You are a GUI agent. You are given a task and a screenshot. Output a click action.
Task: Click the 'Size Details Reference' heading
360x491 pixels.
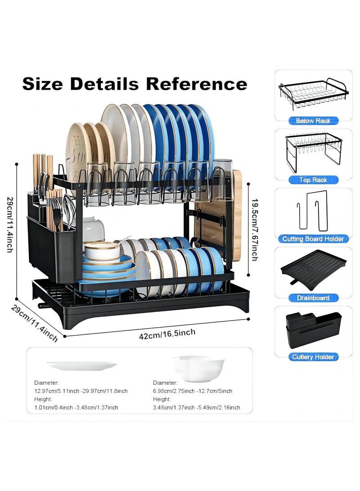135,84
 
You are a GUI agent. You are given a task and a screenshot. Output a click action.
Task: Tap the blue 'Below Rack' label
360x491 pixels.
313,121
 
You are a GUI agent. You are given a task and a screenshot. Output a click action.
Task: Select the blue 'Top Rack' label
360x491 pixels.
313,180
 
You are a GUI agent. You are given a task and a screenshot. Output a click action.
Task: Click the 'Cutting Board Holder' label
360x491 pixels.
313,239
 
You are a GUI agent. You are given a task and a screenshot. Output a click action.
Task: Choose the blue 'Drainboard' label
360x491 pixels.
313,298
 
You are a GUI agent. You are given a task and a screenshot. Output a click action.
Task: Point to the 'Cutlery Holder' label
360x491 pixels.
313,357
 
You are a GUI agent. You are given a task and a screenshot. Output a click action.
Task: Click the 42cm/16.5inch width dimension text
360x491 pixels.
167,334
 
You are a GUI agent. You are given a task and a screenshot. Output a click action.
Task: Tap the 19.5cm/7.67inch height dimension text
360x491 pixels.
255,230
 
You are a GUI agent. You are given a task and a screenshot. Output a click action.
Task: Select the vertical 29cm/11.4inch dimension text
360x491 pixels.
10,225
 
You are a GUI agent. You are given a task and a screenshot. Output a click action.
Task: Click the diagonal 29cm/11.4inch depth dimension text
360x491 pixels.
35,323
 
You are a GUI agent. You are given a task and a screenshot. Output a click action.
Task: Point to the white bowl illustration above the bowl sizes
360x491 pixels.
199,369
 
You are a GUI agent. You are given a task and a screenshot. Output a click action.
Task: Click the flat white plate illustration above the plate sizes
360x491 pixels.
82,366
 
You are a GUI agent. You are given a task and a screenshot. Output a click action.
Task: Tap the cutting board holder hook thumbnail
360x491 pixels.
313,211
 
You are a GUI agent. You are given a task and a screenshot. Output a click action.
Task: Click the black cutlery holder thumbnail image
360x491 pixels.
313,330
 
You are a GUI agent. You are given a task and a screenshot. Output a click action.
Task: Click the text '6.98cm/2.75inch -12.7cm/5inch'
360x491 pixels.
193,391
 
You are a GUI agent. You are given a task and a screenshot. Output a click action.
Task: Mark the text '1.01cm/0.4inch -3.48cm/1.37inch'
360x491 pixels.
76,408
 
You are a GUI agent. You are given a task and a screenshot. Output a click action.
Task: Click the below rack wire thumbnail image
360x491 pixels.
313,94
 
